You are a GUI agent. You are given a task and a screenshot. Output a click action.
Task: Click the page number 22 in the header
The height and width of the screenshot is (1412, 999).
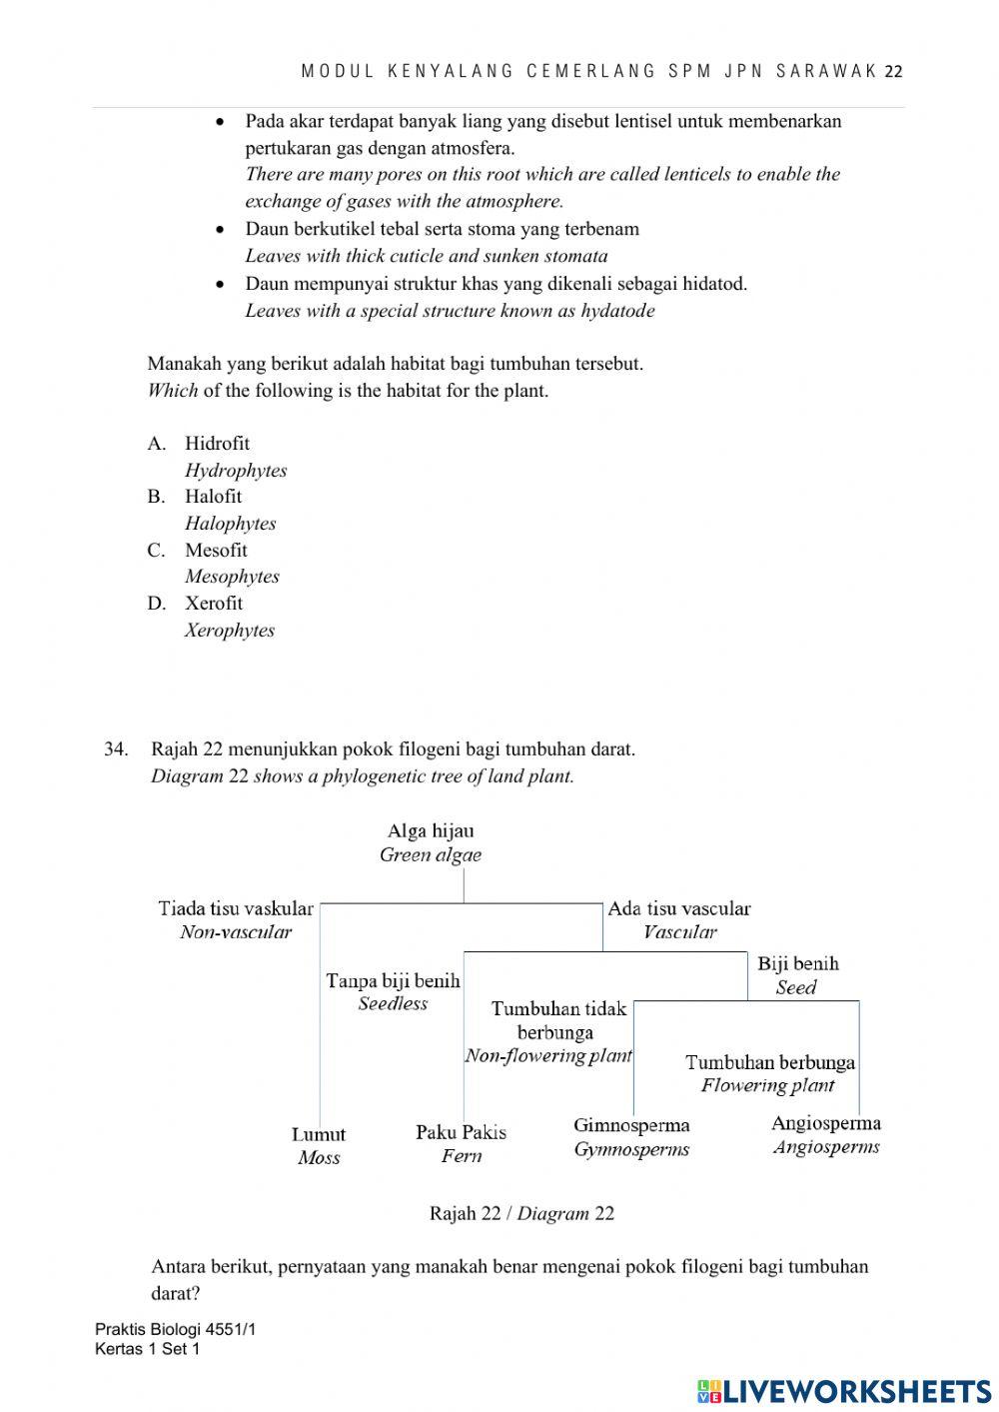click(894, 72)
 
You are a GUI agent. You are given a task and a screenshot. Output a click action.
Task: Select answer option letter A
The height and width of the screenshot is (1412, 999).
click(155, 444)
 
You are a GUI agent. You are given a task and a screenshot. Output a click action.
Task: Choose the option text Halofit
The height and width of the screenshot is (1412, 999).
click(213, 497)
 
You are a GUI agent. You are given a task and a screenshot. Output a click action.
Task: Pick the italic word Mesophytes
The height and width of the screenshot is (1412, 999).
click(232, 577)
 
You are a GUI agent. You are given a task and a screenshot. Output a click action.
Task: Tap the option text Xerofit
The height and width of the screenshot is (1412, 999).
click(214, 604)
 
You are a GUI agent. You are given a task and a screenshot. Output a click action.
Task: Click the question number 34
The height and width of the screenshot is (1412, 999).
click(116, 749)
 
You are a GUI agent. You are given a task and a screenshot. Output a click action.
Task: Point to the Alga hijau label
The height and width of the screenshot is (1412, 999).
click(431, 831)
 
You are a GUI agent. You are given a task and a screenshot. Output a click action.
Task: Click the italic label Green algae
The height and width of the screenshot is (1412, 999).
click(431, 855)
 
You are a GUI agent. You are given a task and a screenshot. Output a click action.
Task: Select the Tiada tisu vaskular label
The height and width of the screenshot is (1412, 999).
click(236, 909)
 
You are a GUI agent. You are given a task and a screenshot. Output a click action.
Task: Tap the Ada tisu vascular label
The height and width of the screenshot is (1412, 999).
click(679, 909)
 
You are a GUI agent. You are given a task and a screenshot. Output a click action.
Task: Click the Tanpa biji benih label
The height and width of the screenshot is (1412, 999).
click(393, 981)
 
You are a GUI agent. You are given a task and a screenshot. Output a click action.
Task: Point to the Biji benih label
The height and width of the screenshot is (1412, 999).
click(797, 964)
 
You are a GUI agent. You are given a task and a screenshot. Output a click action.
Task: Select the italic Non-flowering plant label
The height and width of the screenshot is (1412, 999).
click(548, 1056)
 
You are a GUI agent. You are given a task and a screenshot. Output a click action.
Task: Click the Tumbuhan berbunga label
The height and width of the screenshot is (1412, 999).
click(770, 1063)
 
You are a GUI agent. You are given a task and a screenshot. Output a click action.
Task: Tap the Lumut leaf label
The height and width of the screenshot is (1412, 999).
click(319, 1135)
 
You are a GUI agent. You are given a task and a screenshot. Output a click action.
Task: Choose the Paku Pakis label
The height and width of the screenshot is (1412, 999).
click(461, 1133)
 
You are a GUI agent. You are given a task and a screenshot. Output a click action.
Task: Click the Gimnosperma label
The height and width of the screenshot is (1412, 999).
click(631, 1126)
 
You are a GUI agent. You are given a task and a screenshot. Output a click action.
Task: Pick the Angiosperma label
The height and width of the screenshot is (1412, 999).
click(826, 1124)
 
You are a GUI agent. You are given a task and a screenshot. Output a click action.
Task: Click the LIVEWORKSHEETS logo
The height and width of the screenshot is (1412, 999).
click(844, 1391)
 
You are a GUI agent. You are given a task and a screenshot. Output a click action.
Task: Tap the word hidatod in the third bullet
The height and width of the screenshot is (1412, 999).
click(713, 284)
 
